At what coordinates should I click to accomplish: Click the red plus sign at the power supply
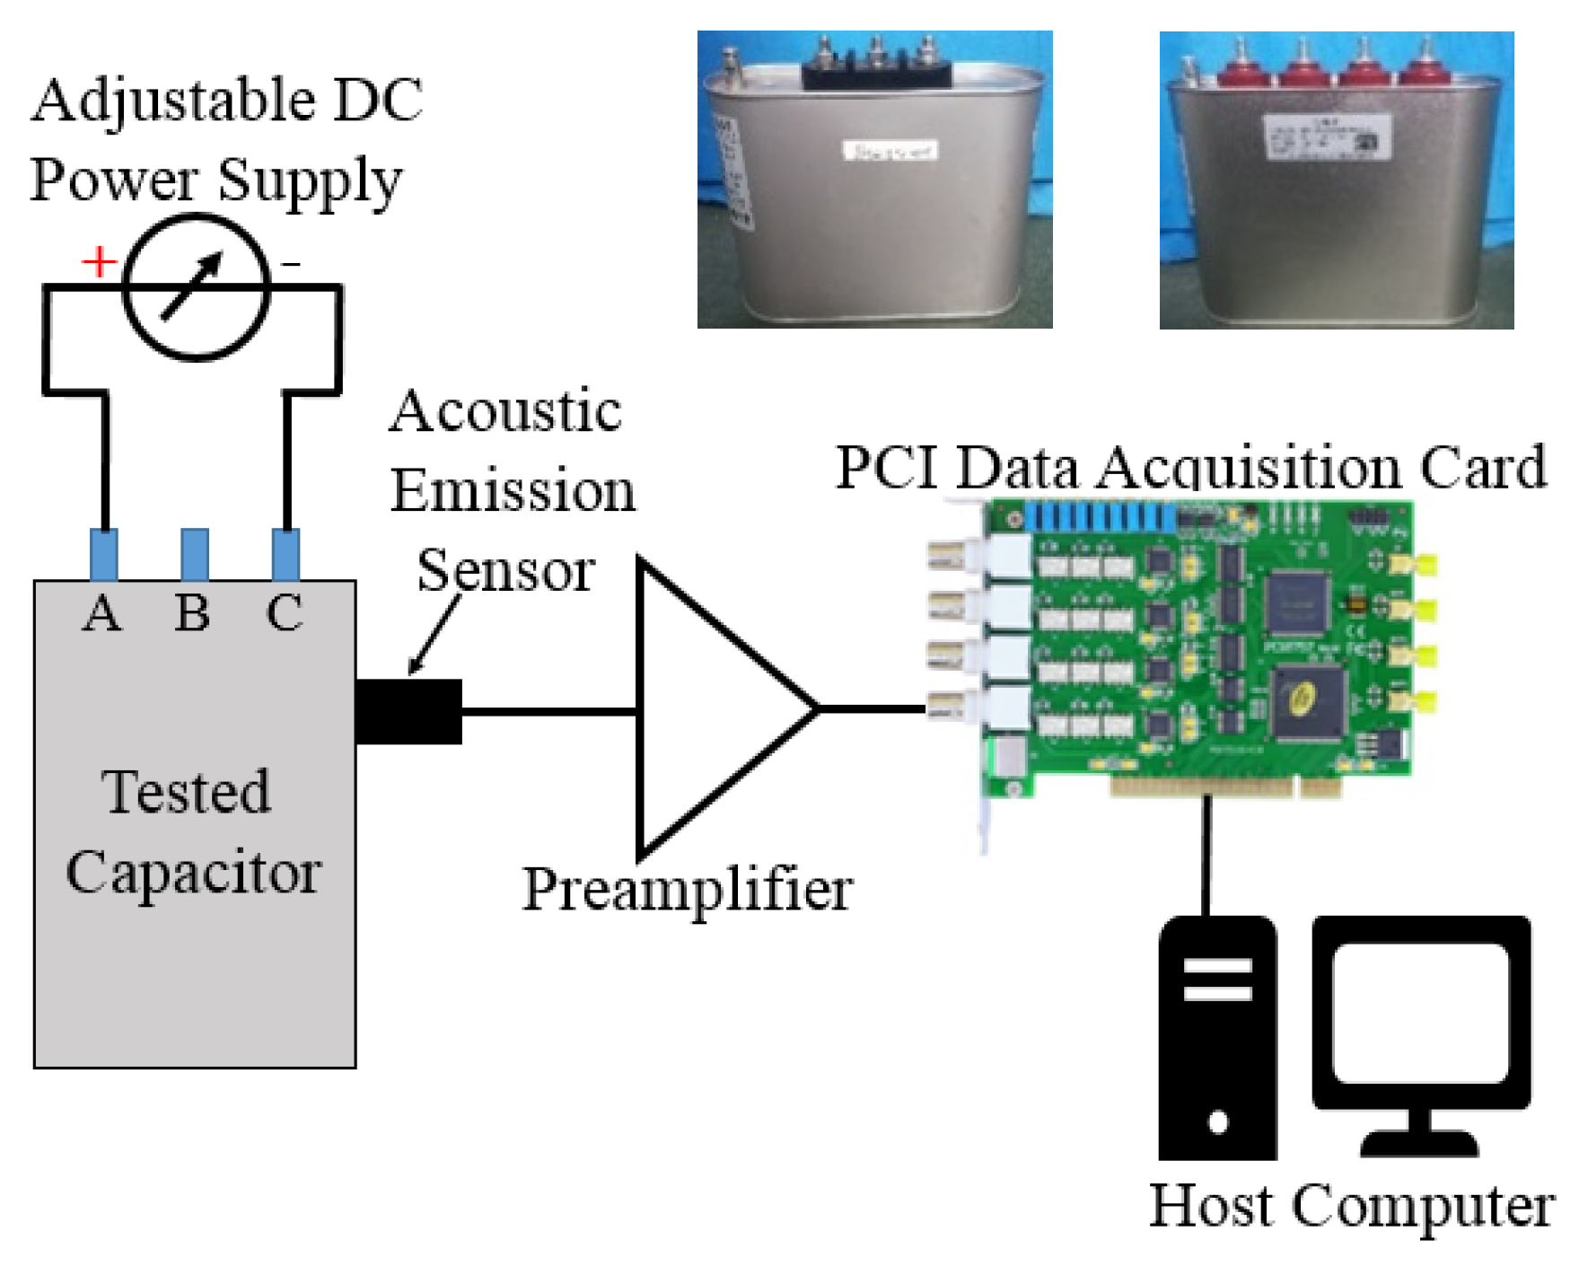99,262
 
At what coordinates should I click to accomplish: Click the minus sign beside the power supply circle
291,264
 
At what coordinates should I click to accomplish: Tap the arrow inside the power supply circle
192,286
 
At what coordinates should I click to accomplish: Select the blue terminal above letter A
104,554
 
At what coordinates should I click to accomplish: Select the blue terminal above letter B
195,554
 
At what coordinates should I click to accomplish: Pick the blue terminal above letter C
285,554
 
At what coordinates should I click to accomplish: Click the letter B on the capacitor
193,613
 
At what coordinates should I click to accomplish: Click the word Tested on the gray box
187,792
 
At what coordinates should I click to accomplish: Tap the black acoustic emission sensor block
408,711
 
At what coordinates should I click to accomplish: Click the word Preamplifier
687,891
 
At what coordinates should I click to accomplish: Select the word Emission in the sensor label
513,491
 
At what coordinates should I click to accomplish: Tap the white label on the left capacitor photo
890,151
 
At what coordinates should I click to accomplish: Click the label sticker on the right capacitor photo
1327,137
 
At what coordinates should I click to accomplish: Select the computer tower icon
1217,1037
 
